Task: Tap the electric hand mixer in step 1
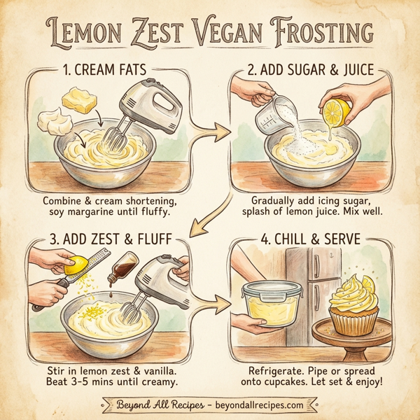click(x=143, y=115)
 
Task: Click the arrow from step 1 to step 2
click(x=213, y=130)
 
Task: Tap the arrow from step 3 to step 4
click(x=213, y=303)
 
